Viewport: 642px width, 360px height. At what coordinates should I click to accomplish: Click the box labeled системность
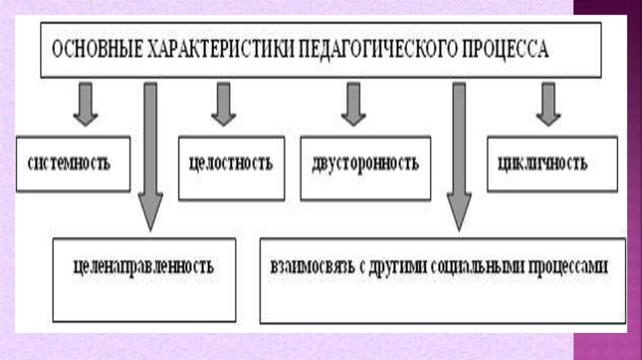click(73, 164)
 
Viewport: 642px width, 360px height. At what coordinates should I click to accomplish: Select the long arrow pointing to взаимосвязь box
click(459, 157)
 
